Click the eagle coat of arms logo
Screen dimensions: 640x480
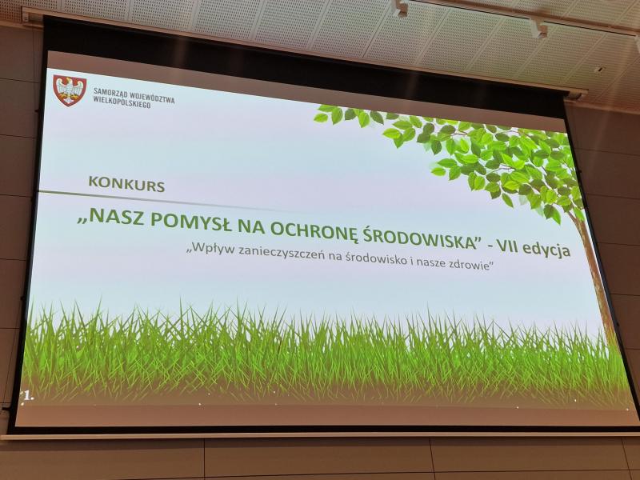click(70, 90)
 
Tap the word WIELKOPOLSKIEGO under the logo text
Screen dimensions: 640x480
click(122, 102)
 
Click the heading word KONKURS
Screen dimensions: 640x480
click(126, 184)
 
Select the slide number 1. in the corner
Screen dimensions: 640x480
click(29, 395)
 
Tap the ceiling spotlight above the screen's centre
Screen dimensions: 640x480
click(399, 8)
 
